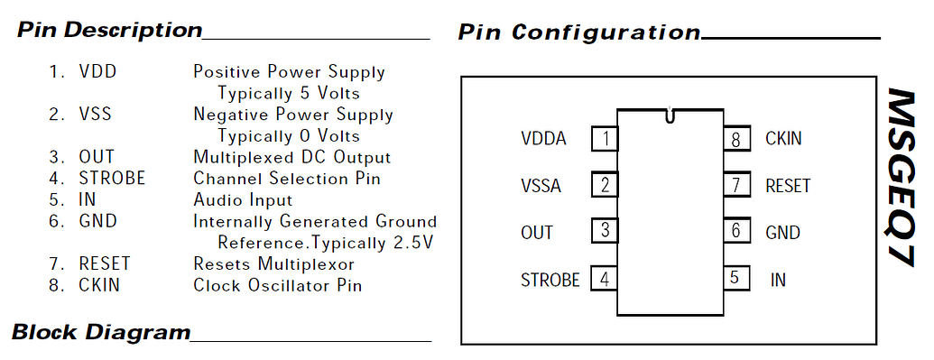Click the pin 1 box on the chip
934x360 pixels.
pos(605,139)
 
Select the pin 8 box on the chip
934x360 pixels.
pos(736,139)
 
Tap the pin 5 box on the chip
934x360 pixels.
pos(736,278)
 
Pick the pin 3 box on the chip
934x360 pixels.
pos(605,231)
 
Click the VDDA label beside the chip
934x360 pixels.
pos(543,139)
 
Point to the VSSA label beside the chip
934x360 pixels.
pos(541,186)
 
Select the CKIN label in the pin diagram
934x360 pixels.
pos(783,139)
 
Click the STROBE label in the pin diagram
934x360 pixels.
pos(550,280)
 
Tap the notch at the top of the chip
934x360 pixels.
pos(669,115)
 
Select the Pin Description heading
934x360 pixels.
pos(110,30)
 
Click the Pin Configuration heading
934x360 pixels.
pos(578,32)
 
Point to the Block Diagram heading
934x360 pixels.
pos(101,332)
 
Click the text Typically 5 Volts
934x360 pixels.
pos(289,93)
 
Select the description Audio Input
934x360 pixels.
pos(243,200)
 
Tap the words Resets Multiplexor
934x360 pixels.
pos(273,264)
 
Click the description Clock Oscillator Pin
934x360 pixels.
pos(278,285)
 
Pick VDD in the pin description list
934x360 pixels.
pos(97,71)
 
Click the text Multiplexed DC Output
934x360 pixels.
pos(291,157)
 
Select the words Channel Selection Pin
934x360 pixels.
pos(287,179)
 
